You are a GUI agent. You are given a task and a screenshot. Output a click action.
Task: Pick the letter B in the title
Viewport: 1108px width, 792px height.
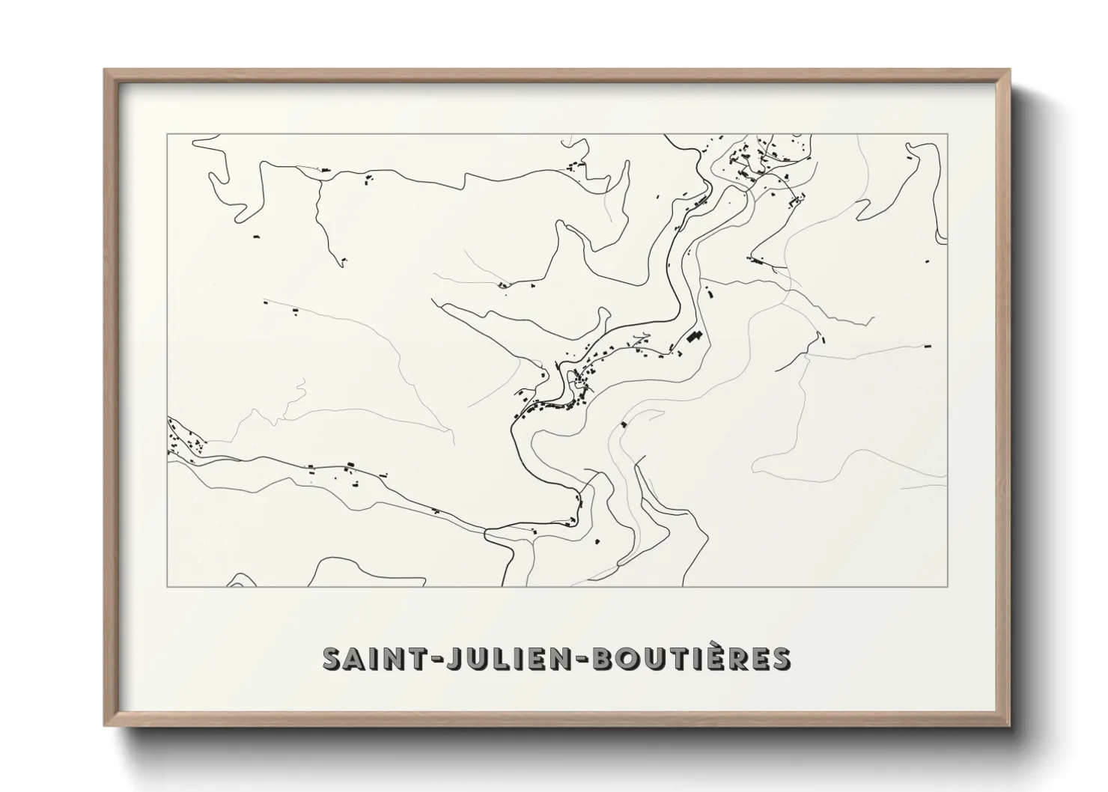coord(609,659)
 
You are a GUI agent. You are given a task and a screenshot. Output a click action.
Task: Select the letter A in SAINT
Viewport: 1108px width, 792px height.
coord(353,659)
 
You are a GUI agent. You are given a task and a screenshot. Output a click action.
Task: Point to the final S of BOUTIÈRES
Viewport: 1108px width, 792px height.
coord(781,659)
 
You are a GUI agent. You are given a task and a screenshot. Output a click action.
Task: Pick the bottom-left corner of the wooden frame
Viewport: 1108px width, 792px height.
coord(106,725)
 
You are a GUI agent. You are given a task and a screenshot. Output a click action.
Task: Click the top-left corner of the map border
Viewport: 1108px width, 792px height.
coord(167,134)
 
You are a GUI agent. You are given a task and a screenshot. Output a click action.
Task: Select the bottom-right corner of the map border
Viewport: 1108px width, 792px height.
coord(948,586)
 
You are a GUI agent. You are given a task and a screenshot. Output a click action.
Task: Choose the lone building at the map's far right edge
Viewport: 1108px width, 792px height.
coord(928,346)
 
